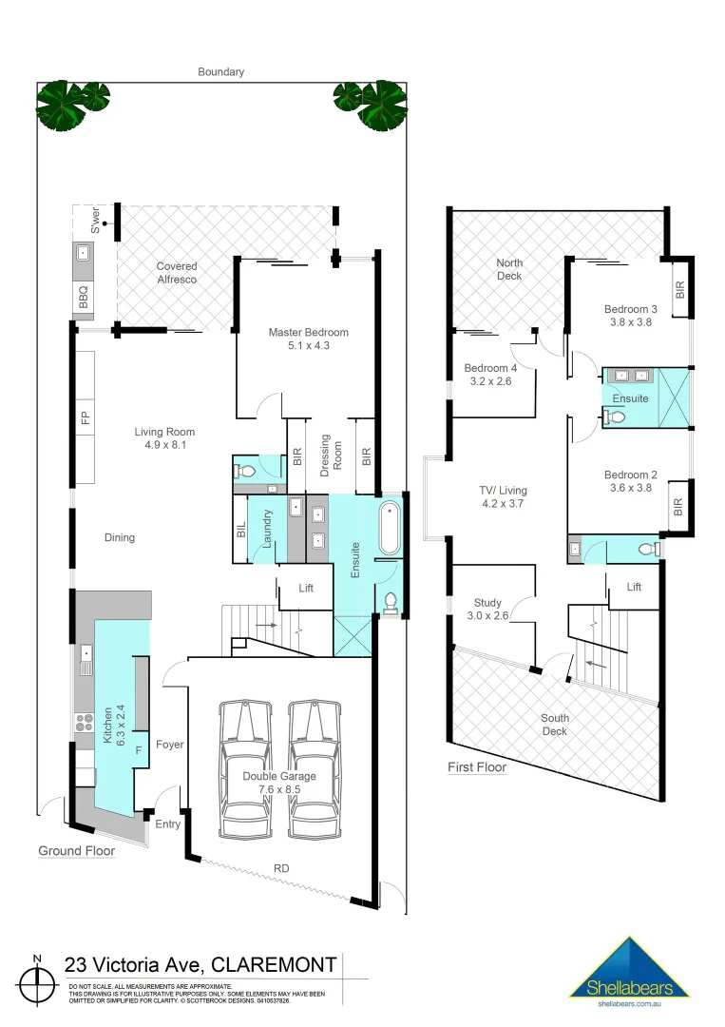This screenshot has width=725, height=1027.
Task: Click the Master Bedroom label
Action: pyautogui.click(x=308, y=332)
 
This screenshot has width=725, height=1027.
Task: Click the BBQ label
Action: pyautogui.click(x=83, y=295)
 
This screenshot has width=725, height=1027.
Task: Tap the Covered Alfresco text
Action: pyautogui.click(x=177, y=273)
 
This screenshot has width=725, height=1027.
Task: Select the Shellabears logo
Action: pyautogui.click(x=628, y=970)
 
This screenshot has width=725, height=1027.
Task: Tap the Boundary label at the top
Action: pyautogui.click(x=220, y=71)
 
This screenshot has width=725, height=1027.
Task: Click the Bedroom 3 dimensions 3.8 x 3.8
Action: pyautogui.click(x=630, y=322)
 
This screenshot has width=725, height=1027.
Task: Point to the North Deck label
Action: pyautogui.click(x=509, y=269)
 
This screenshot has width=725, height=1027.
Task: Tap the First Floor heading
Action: pyautogui.click(x=477, y=767)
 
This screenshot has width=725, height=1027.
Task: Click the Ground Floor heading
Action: pyautogui.click(x=76, y=850)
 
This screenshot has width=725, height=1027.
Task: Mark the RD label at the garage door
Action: pyautogui.click(x=281, y=867)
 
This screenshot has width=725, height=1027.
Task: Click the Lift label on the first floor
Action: pyautogui.click(x=634, y=588)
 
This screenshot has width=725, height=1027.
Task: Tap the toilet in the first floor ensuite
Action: pyautogui.click(x=615, y=416)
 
